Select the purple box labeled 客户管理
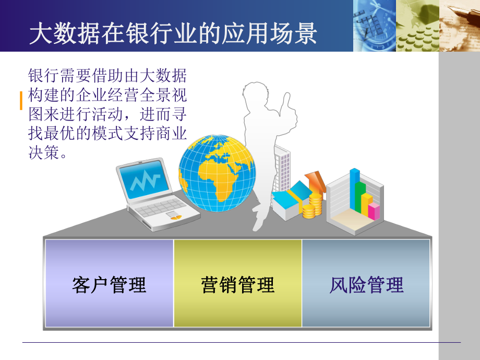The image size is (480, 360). [109, 284]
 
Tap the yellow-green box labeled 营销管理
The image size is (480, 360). [237, 284]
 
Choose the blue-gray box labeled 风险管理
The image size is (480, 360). [366, 284]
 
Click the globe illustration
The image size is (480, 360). [217, 173]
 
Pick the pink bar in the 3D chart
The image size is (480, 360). [374, 211]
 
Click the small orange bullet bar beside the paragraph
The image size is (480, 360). [21, 101]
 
